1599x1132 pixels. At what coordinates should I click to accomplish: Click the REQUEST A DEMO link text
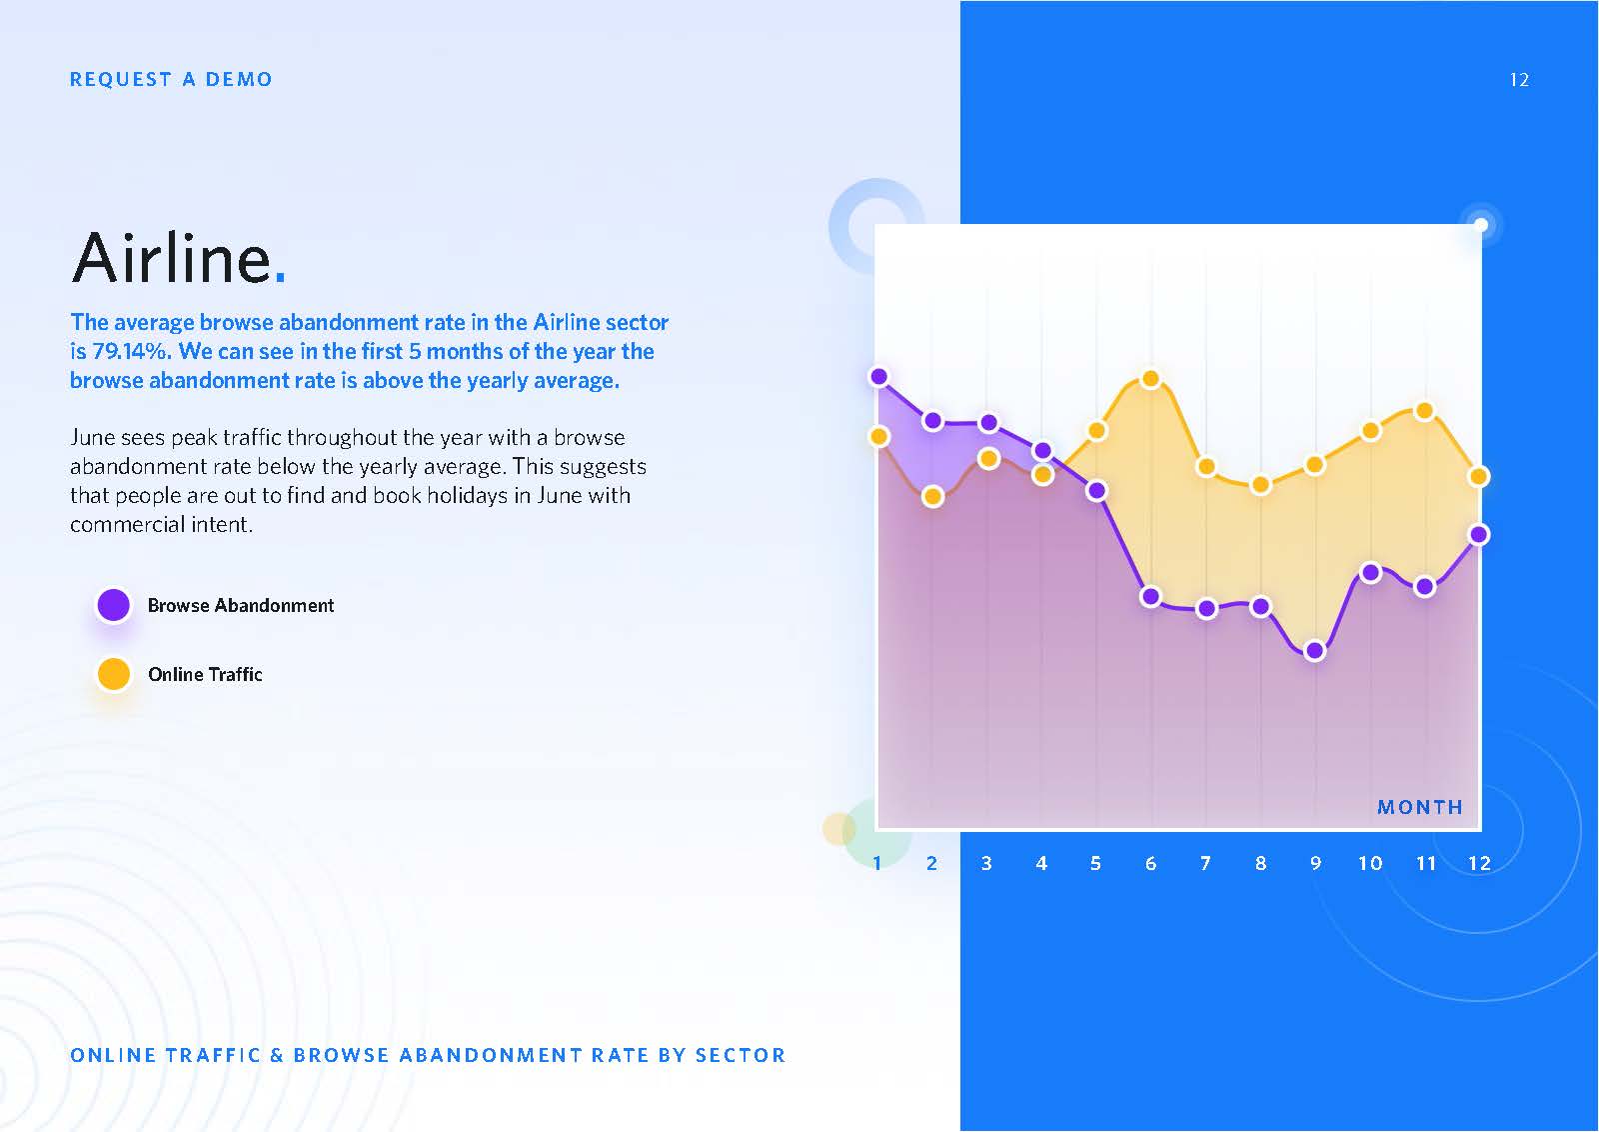(x=171, y=79)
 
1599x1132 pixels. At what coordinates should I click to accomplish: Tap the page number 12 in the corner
(x=1519, y=79)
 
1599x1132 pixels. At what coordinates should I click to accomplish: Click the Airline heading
(x=179, y=258)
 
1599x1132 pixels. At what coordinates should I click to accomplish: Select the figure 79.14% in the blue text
(x=132, y=351)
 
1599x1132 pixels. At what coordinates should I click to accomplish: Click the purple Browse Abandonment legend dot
(x=114, y=605)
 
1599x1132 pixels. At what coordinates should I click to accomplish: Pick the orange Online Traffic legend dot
(x=114, y=674)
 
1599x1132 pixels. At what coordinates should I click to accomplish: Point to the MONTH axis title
(x=1420, y=807)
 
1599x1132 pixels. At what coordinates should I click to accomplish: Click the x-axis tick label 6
(x=1150, y=863)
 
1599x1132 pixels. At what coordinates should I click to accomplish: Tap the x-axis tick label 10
(x=1370, y=863)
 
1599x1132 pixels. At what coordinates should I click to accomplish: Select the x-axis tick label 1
(x=877, y=863)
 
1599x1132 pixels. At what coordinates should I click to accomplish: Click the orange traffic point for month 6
(x=1150, y=379)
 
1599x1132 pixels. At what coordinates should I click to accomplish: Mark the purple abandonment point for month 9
(x=1315, y=651)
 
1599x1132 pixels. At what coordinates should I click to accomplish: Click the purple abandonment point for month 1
(x=879, y=376)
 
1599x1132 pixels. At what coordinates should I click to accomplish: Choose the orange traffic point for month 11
(x=1425, y=411)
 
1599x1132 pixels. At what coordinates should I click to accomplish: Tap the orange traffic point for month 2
(x=932, y=496)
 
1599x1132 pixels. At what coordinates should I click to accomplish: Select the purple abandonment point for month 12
(x=1479, y=534)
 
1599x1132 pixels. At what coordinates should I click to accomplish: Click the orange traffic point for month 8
(x=1260, y=485)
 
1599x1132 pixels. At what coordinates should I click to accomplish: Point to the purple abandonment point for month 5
(x=1097, y=491)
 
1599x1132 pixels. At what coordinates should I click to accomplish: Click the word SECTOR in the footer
(x=741, y=1055)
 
